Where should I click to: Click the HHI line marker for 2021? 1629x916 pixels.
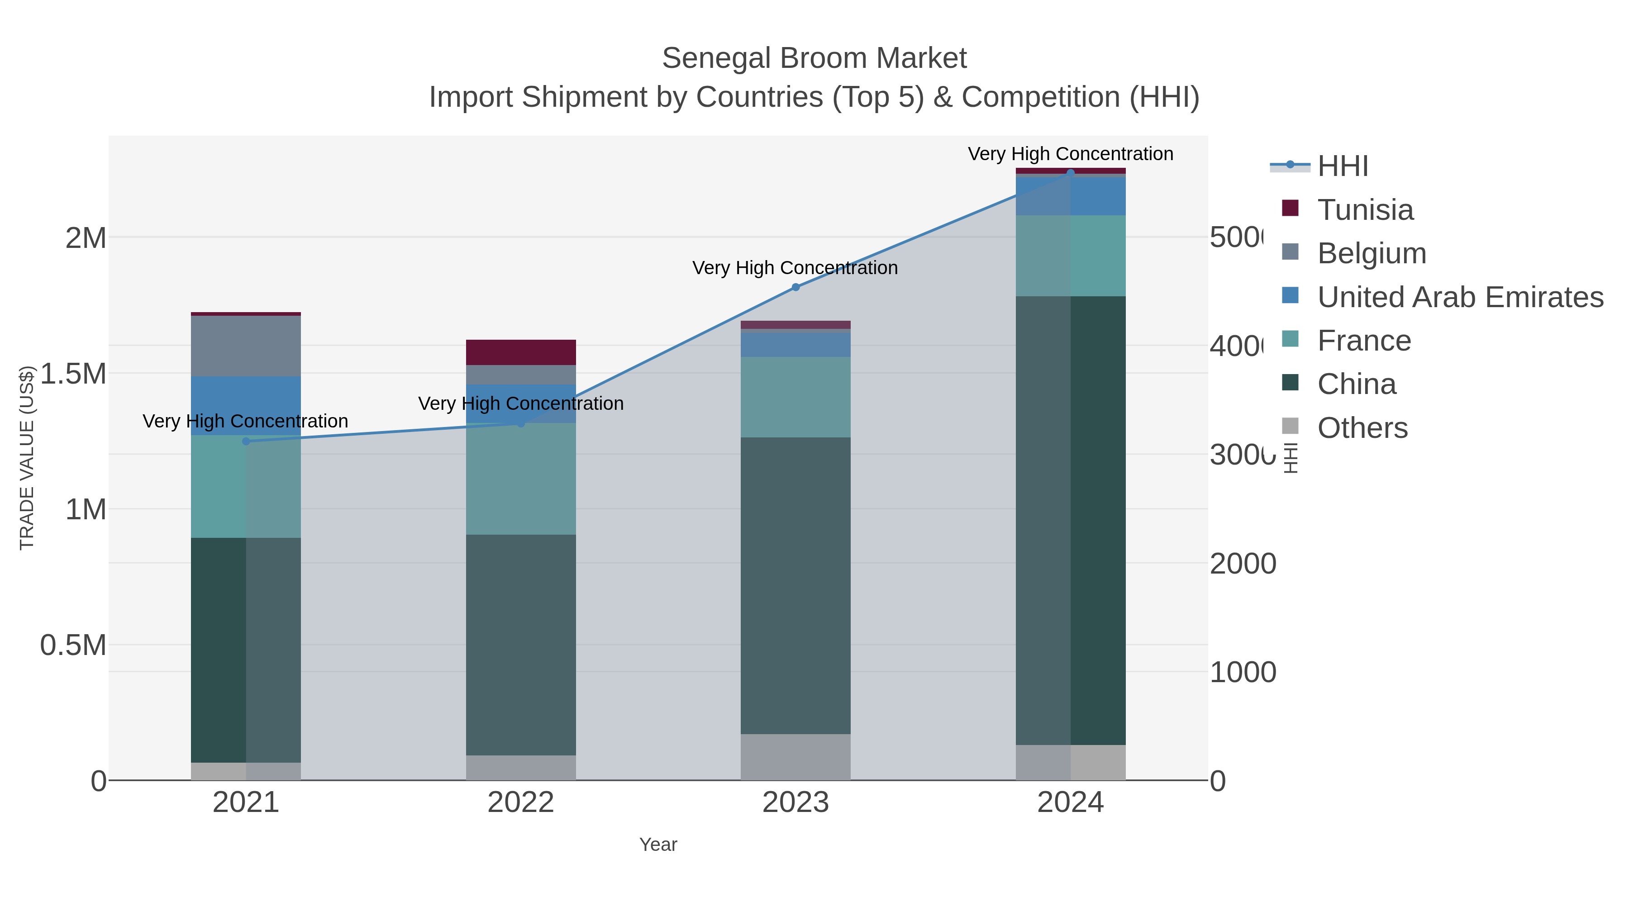(246, 441)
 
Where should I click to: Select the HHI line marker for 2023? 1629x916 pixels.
(795, 287)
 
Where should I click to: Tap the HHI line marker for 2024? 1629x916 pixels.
(1071, 173)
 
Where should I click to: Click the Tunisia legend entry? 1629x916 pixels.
(1365, 210)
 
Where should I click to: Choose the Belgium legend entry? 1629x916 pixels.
(1371, 253)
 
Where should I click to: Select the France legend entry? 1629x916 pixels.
(1363, 341)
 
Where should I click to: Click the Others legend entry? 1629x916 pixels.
(1362, 428)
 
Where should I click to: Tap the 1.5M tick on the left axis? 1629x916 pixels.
(73, 374)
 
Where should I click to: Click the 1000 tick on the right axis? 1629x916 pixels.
(1243, 673)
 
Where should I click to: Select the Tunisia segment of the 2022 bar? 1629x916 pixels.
(520, 352)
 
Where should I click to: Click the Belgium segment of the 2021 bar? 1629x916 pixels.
(246, 346)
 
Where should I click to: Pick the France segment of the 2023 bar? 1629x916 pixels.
(795, 397)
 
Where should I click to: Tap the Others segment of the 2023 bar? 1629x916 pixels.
(795, 757)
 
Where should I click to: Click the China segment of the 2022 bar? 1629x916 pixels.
(520, 645)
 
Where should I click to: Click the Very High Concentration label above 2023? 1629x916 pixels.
(795, 268)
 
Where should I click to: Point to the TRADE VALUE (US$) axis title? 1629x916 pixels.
(27, 458)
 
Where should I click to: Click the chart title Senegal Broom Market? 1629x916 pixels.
(814, 58)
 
